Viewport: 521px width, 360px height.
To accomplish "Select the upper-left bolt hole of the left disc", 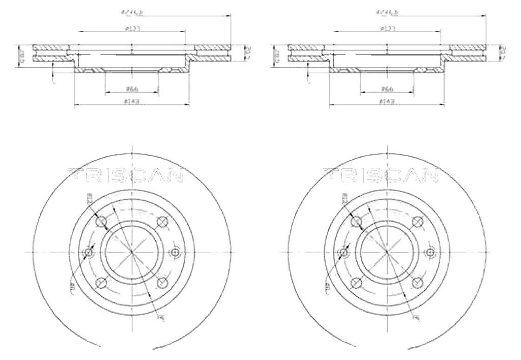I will point(101,221).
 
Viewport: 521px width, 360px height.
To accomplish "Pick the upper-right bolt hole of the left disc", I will point(162,221).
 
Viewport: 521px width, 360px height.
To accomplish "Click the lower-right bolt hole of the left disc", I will point(162,283).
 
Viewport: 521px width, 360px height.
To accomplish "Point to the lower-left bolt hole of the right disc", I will point(356,283).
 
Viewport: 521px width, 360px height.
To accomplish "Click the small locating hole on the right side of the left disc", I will point(175,252).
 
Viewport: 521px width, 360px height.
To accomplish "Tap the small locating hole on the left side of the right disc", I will point(343,252).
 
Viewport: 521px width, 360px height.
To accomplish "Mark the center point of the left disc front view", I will point(131,252).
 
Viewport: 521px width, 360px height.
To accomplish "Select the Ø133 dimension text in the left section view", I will point(131,29).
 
